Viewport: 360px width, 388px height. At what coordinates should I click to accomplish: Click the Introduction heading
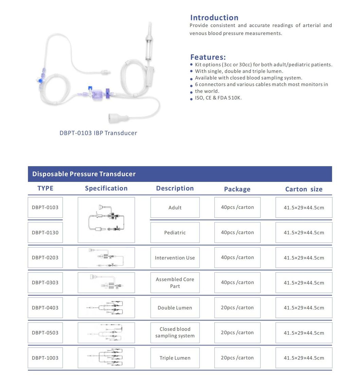pyautogui.click(x=214, y=18)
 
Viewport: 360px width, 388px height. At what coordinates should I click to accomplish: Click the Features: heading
pyautogui.click(x=208, y=57)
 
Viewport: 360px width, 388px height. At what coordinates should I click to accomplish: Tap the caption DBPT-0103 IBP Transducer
pyautogui.click(x=98, y=133)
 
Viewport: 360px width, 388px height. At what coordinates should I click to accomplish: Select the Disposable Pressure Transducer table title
pyautogui.click(x=84, y=174)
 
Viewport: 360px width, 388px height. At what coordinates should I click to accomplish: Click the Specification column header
pyautogui.click(x=106, y=188)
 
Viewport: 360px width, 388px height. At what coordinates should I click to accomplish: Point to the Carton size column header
pyautogui.click(x=304, y=189)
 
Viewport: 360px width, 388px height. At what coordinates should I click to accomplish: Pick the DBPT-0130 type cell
pyautogui.click(x=45, y=233)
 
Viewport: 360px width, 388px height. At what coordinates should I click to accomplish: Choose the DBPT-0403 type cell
pyautogui.click(x=45, y=308)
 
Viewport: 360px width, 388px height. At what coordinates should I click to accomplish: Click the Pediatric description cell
pyautogui.click(x=175, y=233)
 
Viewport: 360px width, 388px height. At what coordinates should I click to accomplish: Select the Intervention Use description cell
pyautogui.click(x=175, y=258)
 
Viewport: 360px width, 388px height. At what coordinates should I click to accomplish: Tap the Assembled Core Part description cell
pyautogui.click(x=175, y=283)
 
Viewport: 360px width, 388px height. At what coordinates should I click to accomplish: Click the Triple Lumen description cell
pyautogui.click(x=175, y=358)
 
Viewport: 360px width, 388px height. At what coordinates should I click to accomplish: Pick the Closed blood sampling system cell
pyautogui.click(x=175, y=333)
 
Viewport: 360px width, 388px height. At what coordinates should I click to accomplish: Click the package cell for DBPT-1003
pyautogui.click(x=237, y=358)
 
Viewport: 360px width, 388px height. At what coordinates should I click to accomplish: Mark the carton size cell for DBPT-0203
pyautogui.click(x=304, y=258)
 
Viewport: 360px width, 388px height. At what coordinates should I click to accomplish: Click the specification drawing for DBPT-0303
pyautogui.click(x=106, y=283)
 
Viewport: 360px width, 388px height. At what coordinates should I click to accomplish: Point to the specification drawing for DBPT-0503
pyautogui.click(x=106, y=333)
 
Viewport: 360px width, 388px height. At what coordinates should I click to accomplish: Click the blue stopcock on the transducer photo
pyautogui.click(x=40, y=81)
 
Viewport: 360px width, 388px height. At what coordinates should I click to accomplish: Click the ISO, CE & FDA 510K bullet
pyautogui.click(x=218, y=98)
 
